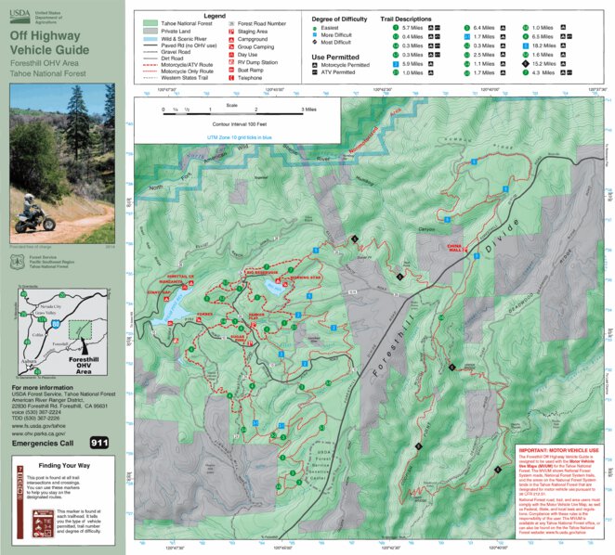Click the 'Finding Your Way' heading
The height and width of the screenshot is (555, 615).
pos(63,466)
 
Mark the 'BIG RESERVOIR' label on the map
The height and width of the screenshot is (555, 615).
pos(263,274)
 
